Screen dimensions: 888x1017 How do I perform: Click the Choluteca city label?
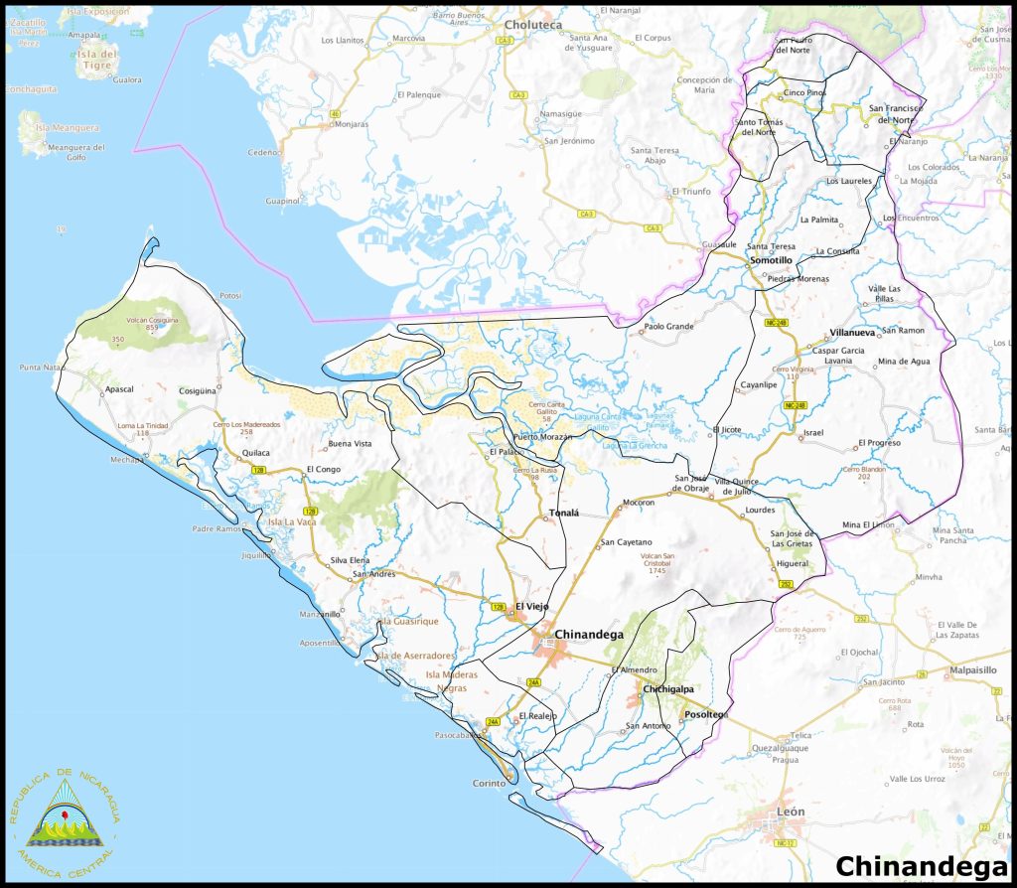[533, 24]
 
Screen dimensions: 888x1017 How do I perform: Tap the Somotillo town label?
[771, 260]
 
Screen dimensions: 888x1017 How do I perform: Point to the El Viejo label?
[531, 606]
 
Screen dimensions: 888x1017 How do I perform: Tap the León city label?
[791, 812]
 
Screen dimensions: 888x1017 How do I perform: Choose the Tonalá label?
[562, 515]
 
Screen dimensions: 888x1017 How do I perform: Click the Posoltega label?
[705, 715]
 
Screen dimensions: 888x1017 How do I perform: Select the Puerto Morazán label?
[543, 438]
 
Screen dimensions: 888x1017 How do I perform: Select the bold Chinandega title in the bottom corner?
[913, 866]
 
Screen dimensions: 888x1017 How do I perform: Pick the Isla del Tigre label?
[97, 59]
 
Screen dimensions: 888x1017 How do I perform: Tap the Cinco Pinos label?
[804, 92]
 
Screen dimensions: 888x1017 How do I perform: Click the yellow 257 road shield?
[785, 585]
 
